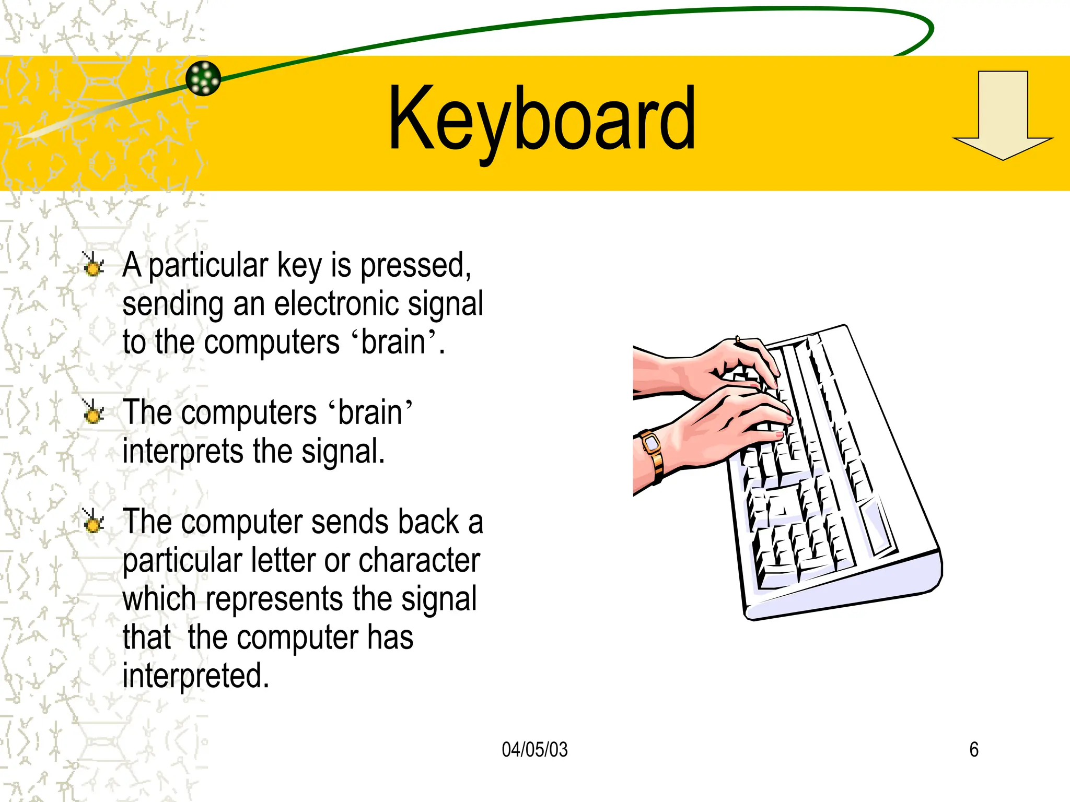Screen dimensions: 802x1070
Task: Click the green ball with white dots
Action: pos(203,78)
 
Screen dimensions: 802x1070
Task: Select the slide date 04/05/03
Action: pos(534,750)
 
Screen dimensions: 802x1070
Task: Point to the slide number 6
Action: pos(974,750)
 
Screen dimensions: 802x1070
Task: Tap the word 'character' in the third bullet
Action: pos(419,561)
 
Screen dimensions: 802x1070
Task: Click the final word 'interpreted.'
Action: pos(196,676)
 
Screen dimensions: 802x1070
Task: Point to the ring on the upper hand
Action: pos(738,339)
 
